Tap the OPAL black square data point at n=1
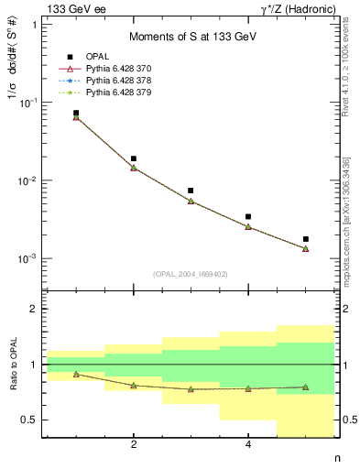(x=76, y=113)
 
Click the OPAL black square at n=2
(x=134, y=158)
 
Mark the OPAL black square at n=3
(x=191, y=191)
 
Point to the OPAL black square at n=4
(x=248, y=217)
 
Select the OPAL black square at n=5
(x=306, y=239)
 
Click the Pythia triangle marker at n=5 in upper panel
(x=306, y=248)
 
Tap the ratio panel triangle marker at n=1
(x=76, y=374)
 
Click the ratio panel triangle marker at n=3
(x=191, y=389)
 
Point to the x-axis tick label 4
(x=248, y=445)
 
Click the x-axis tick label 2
(x=134, y=445)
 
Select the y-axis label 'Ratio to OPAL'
(x=16, y=365)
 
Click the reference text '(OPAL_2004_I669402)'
(x=191, y=274)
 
